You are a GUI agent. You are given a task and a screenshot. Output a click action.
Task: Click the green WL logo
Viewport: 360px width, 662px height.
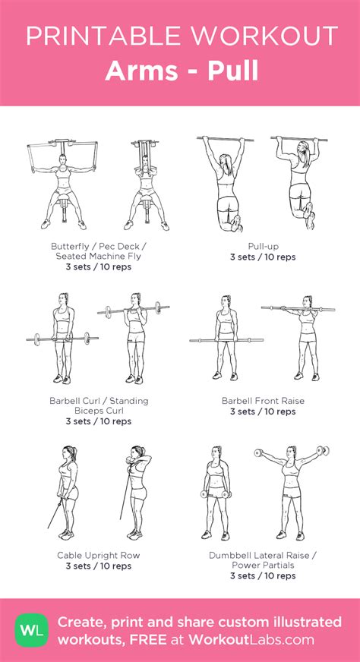tap(32, 630)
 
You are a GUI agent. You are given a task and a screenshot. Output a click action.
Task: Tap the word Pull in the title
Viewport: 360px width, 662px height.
tap(233, 71)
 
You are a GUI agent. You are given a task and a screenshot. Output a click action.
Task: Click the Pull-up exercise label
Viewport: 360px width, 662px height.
tap(264, 246)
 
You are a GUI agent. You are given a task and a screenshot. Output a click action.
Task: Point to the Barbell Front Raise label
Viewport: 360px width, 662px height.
tap(263, 400)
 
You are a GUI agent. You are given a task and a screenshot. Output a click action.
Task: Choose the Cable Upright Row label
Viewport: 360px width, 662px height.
tap(99, 556)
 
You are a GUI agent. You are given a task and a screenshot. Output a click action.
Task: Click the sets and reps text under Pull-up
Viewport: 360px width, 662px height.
tap(263, 257)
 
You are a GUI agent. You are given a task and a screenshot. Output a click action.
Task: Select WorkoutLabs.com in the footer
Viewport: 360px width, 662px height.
tap(251, 639)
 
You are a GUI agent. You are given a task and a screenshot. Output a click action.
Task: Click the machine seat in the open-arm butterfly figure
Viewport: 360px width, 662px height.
tap(62, 202)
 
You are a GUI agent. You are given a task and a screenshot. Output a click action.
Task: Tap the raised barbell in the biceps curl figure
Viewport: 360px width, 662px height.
tap(134, 310)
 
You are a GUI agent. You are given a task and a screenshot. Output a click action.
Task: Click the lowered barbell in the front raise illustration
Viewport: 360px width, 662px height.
tap(226, 340)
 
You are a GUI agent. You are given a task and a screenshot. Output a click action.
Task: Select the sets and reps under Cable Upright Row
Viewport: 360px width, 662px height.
tap(99, 566)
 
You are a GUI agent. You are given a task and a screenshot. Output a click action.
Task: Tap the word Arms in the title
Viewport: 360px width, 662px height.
tap(141, 71)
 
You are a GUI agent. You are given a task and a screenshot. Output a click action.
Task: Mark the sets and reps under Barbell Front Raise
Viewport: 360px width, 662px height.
tap(263, 411)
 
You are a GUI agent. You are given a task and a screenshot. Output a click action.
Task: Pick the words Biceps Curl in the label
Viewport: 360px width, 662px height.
tap(99, 411)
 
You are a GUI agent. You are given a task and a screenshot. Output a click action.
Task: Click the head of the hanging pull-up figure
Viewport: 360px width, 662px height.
tap(226, 160)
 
